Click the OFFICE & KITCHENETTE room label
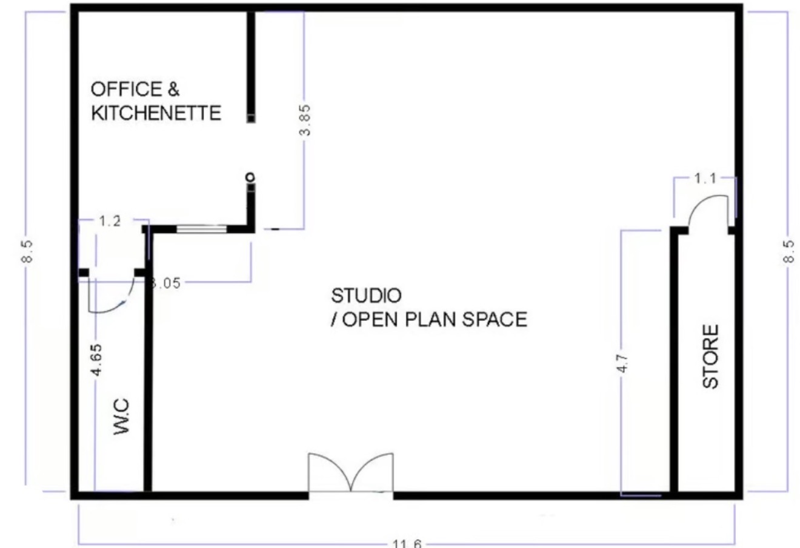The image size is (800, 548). (x=156, y=101)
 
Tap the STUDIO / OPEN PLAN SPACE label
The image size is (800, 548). (x=428, y=308)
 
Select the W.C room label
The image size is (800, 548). (x=121, y=416)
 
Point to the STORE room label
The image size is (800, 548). (x=710, y=356)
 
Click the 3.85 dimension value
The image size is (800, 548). (x=306, y=120)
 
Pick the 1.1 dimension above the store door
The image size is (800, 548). (x=705, y=178)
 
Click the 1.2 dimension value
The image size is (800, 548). (x=110, y=220)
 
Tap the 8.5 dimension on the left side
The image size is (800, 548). (x=27, y=251)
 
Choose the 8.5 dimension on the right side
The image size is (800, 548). (x=787, y=251)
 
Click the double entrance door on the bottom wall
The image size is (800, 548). (x=351, y=474)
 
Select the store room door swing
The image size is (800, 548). (x=708, y=213)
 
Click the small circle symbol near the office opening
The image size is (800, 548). (x=250, y=177)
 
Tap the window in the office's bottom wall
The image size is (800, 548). (x=201, y=228)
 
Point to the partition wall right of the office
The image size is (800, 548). (x=250, y=67)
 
